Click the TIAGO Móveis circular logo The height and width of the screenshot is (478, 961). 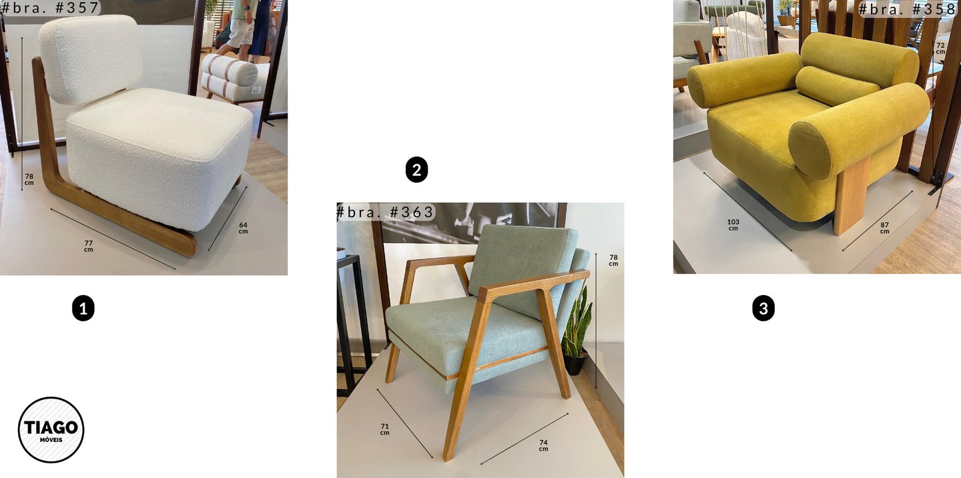[x=51, y=430]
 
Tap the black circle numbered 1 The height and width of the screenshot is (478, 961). [x=83, y=308]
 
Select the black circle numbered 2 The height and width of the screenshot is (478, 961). [x=416, y=170]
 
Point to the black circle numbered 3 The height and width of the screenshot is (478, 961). [x=763, y=308]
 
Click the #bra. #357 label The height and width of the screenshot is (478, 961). [x=50, y=8]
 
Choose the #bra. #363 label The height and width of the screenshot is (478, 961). [x=385, y=212]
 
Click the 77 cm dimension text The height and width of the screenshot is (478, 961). [x=88, y=246]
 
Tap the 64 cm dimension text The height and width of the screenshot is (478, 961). [x=243, y=228]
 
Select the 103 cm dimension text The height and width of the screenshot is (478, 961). [x=733, y=225]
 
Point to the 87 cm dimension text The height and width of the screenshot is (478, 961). [x=885, y=228]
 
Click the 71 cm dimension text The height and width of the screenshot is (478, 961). [x=385, y=429]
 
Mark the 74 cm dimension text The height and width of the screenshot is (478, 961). [x=543, y=445]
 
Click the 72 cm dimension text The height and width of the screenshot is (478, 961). [x=940, y=48]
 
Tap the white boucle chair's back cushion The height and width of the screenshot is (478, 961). [x=91, y=58]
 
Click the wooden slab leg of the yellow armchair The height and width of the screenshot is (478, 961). [x=852, y=195]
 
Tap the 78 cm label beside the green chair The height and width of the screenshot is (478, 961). [x=613, y=260]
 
